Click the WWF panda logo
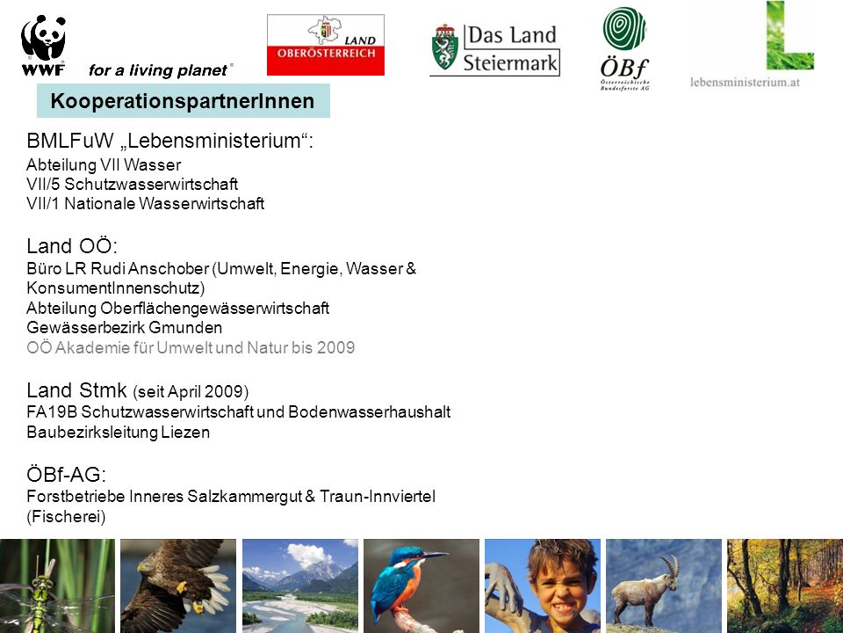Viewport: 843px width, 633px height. pyautogui.click(x=44, y=45)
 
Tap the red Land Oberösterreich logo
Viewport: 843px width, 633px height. pyautogui.click(x=325, y=45)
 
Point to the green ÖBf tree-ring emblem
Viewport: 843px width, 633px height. pyautogui.click(x=624, y=28)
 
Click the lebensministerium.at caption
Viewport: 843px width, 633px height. pyautogui.click(x=745, y=83)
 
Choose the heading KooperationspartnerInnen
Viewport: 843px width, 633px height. pyautogui.click(x=183, y=100)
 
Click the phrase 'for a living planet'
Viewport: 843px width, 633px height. pyautogui.click(x=158, y=70)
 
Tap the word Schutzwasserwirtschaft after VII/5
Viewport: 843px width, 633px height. pyautogui.click(x=151, y=184)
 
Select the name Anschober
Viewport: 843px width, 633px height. pyautogui.click(x=169, y=268)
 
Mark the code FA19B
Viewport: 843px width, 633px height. pyautogui.click(x=52, y=411)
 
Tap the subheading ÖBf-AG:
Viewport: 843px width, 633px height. pyautogui.click(x=66, y=474)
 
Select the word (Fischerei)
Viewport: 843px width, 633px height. pyautogui.click(x=66, y=516)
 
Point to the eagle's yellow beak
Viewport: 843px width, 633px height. pyautogui.click(x=141, y=568)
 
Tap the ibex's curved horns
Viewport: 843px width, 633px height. pyautogui.click(x=670, y=566)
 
